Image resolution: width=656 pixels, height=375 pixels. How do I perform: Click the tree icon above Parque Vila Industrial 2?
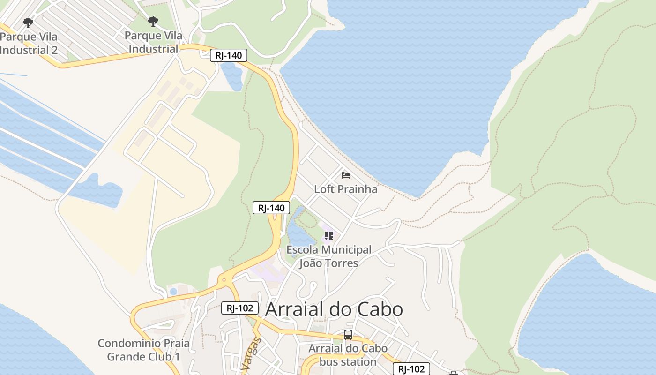28,22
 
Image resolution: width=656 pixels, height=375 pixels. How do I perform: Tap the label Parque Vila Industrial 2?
29,44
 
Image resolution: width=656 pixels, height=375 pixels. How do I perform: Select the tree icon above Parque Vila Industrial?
153,21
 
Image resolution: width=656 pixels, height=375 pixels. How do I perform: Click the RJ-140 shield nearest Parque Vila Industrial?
228,55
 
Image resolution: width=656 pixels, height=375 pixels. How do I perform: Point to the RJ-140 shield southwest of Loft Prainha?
271,208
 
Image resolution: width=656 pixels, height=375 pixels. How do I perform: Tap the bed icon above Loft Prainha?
346,175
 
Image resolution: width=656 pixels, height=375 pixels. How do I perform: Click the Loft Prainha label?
345,189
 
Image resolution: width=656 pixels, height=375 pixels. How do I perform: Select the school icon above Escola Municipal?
328,235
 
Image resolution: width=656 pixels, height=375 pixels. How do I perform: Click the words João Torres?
328,263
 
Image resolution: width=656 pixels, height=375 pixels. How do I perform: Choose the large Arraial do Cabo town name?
334,309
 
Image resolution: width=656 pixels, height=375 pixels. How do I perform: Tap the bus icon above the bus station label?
348,335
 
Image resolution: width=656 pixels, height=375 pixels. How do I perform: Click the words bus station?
348,362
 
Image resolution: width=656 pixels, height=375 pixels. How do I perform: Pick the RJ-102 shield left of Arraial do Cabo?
239,308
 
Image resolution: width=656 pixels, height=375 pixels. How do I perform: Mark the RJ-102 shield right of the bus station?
411,369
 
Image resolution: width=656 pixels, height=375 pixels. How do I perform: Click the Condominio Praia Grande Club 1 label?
143,350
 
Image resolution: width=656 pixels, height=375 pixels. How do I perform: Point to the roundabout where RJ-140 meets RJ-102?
224,280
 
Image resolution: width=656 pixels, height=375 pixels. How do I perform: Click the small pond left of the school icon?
298,234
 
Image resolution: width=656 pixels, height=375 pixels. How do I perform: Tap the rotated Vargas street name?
253,356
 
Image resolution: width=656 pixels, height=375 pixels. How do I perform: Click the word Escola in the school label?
303,249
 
